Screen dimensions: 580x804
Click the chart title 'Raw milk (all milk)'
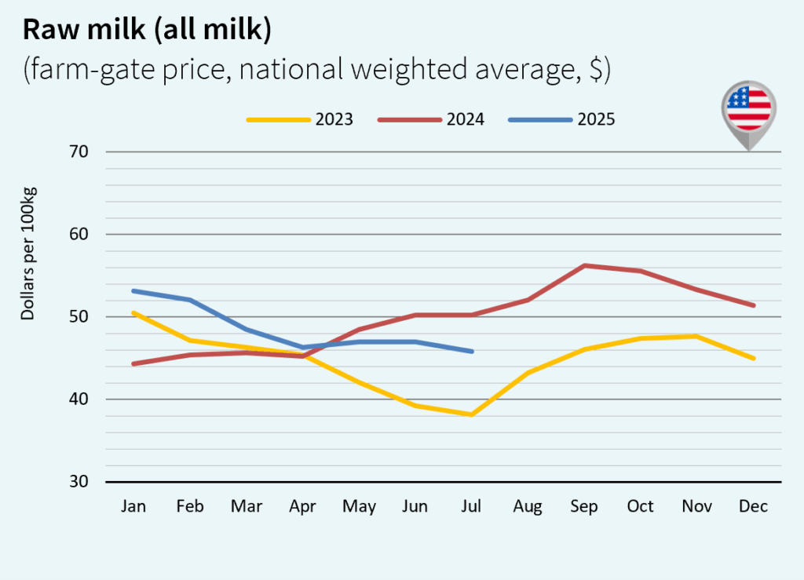147,29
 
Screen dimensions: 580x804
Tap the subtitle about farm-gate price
316,71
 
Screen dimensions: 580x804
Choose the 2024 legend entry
431,120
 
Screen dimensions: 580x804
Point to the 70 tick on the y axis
78,151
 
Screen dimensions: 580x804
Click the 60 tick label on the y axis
78,234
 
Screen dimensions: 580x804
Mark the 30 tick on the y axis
78,481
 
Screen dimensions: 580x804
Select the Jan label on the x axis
133,507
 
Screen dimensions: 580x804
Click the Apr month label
302,507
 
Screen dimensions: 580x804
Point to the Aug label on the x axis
528,507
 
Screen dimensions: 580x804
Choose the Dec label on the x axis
753,507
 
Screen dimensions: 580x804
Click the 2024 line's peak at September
584,265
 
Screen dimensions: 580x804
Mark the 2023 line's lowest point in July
471,414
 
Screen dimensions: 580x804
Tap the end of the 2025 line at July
471,352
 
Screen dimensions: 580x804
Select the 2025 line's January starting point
133,290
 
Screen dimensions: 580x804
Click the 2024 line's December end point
753,305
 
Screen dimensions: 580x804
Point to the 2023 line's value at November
696,336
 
